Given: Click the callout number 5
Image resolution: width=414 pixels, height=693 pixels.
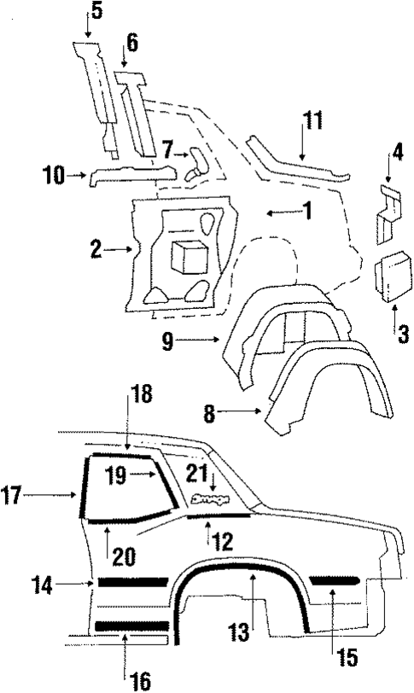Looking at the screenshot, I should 96,11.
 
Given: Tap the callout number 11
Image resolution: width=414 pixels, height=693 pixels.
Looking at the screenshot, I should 312,120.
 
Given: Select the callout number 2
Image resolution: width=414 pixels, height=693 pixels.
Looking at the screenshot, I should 97,249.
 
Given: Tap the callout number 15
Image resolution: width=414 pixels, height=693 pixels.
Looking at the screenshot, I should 347,658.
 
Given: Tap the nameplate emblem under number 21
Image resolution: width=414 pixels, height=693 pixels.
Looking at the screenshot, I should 208,501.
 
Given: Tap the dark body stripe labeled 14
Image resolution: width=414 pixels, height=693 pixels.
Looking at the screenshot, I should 133,582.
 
